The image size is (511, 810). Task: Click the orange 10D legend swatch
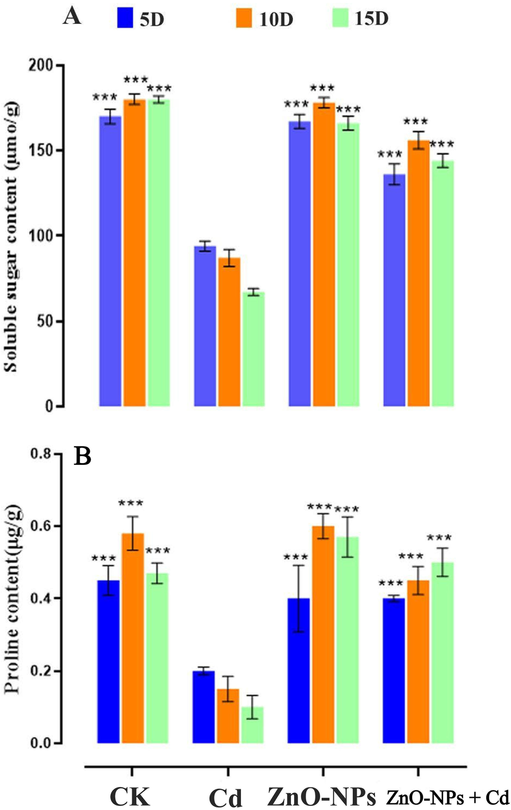point(244,18)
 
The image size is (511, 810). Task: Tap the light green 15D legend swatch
point(340,18)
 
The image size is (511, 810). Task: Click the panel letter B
point(82,457)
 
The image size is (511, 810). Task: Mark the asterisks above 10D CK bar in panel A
point(135,80)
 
